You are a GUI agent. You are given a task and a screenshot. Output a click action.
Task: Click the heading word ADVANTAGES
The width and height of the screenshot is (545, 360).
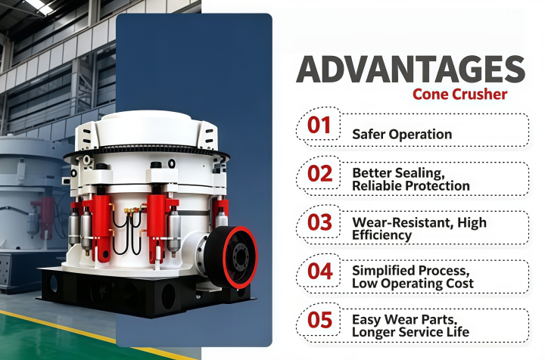point(410,69)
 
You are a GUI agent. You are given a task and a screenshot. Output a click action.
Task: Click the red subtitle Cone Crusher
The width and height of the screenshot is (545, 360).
point(460,94)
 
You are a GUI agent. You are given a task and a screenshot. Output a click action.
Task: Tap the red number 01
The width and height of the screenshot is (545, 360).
point(319,125)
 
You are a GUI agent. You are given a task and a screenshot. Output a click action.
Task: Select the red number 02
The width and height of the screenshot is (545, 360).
point(319,174)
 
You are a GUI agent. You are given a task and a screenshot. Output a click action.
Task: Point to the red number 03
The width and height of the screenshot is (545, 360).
point(319,222)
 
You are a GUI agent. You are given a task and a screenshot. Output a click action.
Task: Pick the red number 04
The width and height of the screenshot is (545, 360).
point(320,271)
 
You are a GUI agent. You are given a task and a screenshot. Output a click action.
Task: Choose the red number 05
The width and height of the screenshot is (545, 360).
point(319,320)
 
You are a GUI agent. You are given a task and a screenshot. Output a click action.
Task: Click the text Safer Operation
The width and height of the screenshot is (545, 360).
point(402,135)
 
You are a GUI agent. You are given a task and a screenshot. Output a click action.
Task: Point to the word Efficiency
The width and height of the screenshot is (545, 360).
point(382,235)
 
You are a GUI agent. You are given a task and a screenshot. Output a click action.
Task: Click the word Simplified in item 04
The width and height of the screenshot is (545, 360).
point(384,271)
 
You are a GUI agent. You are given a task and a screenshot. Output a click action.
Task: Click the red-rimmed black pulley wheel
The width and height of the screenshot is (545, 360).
point(232,257)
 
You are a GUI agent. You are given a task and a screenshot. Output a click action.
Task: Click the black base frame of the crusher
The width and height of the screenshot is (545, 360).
point(146,292)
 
